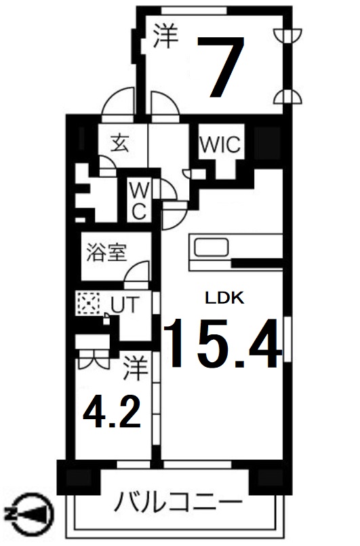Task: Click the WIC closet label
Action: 218,144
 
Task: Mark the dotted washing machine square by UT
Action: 87,303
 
